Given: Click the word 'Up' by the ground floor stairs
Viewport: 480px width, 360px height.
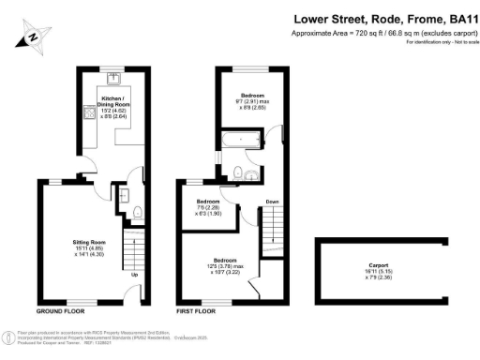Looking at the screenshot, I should tap(133, 275).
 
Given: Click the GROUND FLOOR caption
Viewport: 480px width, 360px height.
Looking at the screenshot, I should tap(64, 310).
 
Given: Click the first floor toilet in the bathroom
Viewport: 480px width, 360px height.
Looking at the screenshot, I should tap(242, 171).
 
